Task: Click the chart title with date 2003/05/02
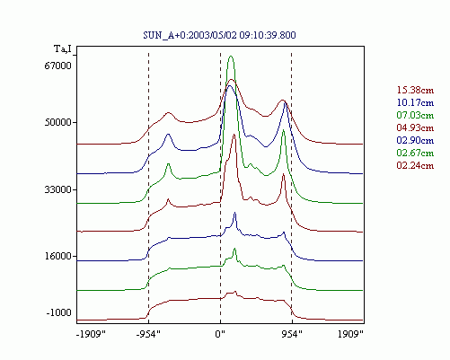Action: pyautogui.click(x=219, y=35)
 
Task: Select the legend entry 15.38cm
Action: pyautogui.click(x=415, y=90)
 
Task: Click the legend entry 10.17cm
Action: pyautogui.click(x=415, y=102)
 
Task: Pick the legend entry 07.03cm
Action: pyautogui.click(x=415, y=115)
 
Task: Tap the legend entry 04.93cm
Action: pyautogui.click(x=415, y=127)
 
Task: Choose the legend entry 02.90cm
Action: pyautogui.click(x=415, y=140)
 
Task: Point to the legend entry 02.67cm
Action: pyautogui.click(x=415, y=153)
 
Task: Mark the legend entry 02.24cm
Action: pyautogui.click(x=415, y=165)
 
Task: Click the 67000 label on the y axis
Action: pyautogui.click(x=58, y=66)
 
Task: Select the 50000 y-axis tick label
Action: pyautogui.click(x=58, y=122)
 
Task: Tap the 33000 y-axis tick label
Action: pyautogui.click(x=58, y=189)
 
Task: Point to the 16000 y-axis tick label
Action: pyautogui.click(x=58, y=256)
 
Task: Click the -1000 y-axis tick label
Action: pyautogui.click(x=59, y=312)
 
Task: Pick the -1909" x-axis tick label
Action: pyautogui.click(x=91, y=334)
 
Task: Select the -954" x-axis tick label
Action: pyautogui.click(x=148, y=334)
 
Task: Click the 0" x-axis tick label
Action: pyautogui.click(x=220, y=334)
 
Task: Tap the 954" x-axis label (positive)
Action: pyautogui.click(x=292, y=334)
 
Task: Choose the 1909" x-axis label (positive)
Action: pyautogui.click(x=350, y=334)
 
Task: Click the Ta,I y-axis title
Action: pyautogui.click(x=63, y=48)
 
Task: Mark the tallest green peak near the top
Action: pyautogui.click(x=231, y=57)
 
